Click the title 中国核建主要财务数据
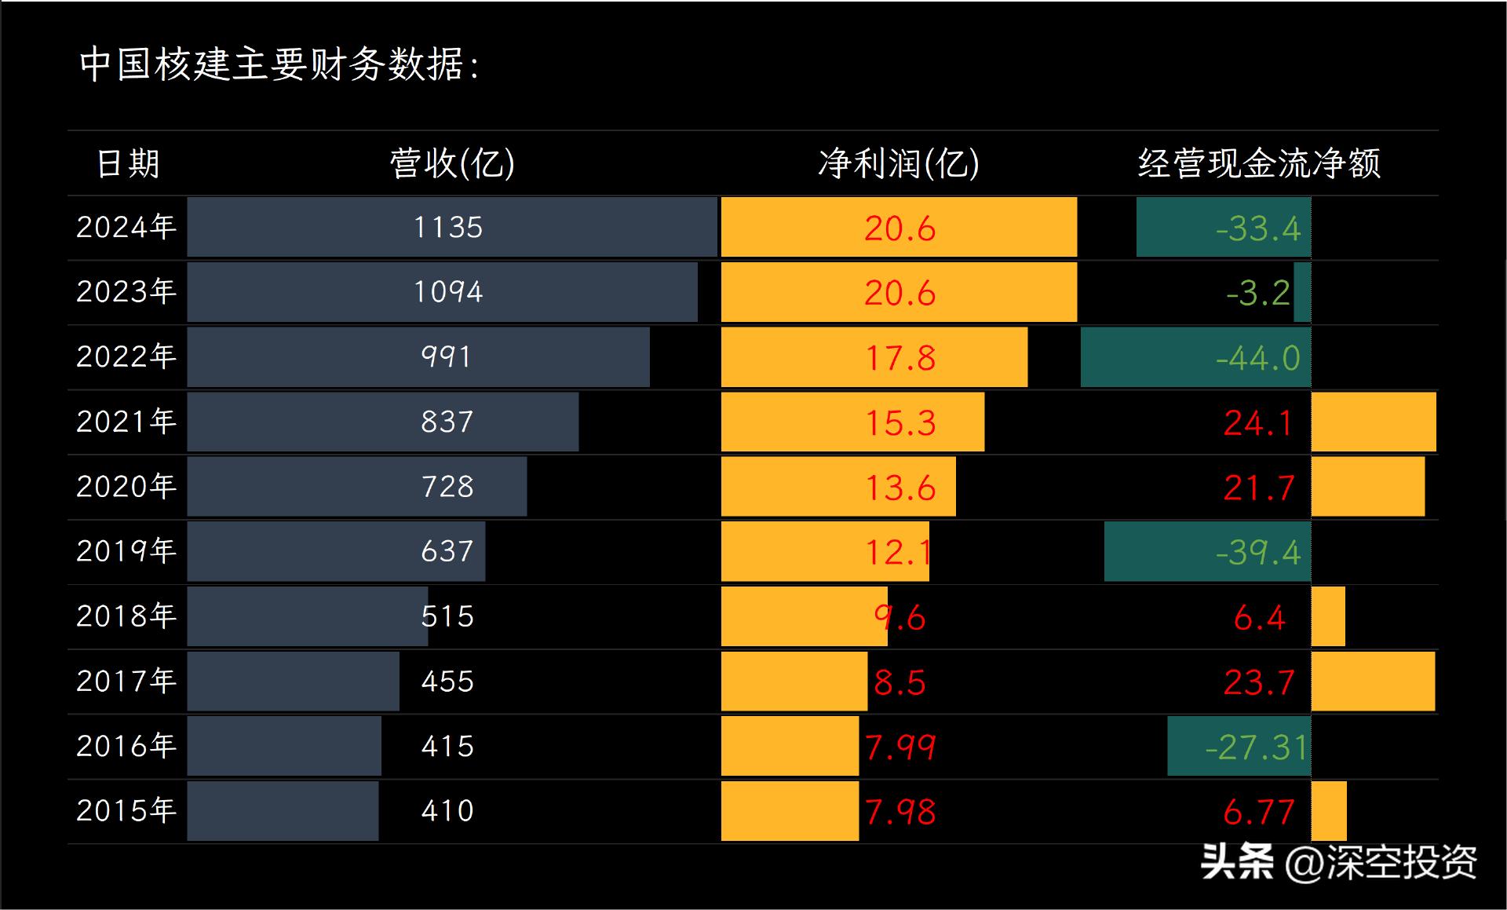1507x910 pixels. click(x=279, y=64)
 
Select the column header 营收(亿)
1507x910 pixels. click(x=452, y=163)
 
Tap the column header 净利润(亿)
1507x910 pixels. click(x=899, y=163)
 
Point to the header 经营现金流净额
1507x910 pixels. click(x=1259, y=163)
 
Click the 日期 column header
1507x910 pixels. click(x=128, y=163)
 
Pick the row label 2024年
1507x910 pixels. click(x=126, y=227)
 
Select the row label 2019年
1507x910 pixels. click(x=126, y=551)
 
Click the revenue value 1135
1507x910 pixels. click(x=448, y=228)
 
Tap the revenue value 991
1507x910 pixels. click(x=446, y=357)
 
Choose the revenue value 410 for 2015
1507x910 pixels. click(x=447, y=810)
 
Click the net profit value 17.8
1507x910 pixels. click(x=899, y=358)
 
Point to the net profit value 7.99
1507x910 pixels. click(x=899, y=747)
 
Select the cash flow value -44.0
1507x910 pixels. click(x=1257, y=358)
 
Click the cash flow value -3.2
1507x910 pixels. click(x=1257, y=294)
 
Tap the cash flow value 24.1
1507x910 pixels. click(x=1257, y=423)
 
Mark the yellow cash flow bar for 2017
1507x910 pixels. click(x=1373, y=682)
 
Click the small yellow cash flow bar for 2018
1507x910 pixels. click(x=1328, y=617)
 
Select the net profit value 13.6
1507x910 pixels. click(x=899, y=488)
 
